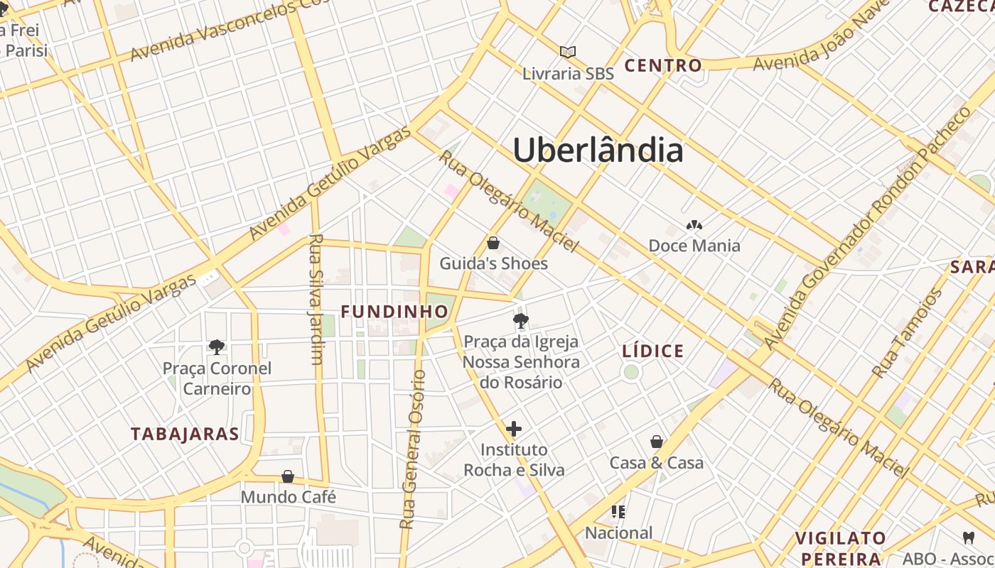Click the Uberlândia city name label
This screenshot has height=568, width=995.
tap(598, 151)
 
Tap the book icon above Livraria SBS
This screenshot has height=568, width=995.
tap(567, 52)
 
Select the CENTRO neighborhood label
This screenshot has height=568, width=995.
tap(663, 66)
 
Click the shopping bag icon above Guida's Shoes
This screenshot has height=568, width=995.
tap(493, 244)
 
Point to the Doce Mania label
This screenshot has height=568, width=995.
tap(694, 246)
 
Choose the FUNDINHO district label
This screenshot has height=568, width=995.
tap(394, 312)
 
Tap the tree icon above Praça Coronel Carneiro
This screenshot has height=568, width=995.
tap(217, 346)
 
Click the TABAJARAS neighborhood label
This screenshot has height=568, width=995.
tap(185, 434)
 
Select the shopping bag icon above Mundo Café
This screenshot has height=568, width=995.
tap(288, 476)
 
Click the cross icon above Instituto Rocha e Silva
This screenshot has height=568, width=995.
tap(514, 429)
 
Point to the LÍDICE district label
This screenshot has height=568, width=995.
tap(652, 351)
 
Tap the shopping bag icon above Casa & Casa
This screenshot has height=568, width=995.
tap(657, 442)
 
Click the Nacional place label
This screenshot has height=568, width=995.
tap(618, 532)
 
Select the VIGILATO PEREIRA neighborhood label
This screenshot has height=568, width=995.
tap(841, 547)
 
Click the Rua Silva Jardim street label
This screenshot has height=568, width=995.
tap(316, 299)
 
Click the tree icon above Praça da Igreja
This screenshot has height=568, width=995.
tap(521, 320)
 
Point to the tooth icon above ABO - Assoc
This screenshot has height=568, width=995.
tap(968, 537)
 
